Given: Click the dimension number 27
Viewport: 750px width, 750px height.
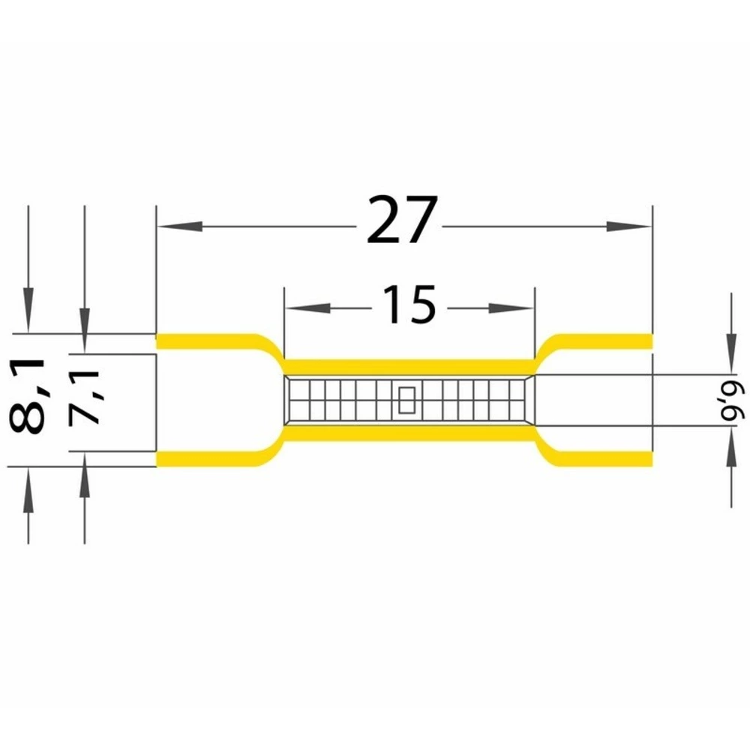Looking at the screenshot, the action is click(402, 219).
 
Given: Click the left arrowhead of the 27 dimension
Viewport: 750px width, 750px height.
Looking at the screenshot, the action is click(180, 226).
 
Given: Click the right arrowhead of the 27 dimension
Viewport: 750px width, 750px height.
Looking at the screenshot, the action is click(629, 226).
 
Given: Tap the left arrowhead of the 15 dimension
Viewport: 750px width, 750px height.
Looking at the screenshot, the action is click(307, 308).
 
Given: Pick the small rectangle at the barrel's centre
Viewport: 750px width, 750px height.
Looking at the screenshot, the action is click(406, 400).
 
